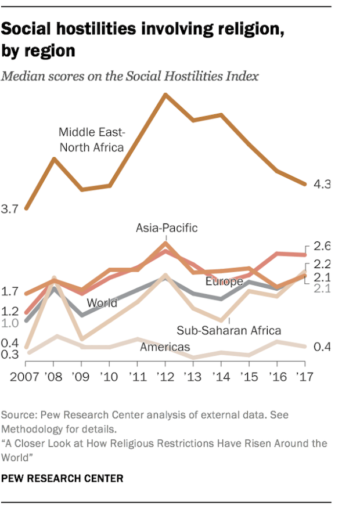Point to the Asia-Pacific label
[x=167, y=228]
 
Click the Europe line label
[x=224, y=281]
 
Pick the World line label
[x=102, y=302]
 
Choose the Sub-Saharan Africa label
[x=229, y=330]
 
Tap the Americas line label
[x=165, y=347]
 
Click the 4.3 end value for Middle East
[x=322, y=185]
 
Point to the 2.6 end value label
[x=322, y=245]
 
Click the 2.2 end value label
[x=322, y=263]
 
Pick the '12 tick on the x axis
[x=165, y=376]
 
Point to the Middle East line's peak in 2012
[x=165, y=94]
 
